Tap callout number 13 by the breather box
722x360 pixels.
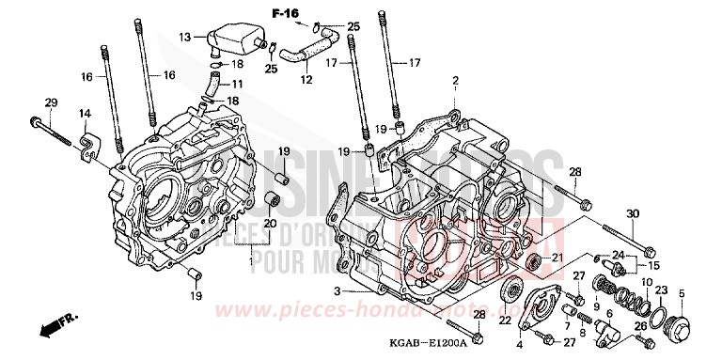click(x=185, y=37)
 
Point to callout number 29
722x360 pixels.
click(x=51, y=102)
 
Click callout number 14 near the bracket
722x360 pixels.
click(x=84, y=114)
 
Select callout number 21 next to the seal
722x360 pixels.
click(x=557, y=258)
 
